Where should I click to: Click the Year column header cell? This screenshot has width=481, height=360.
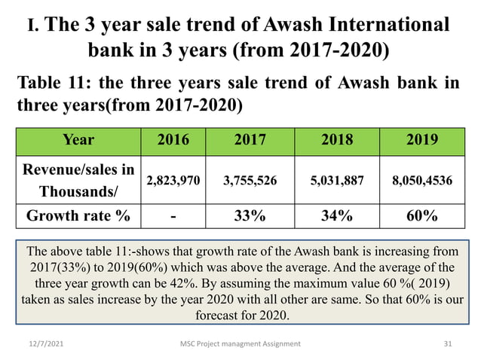(78, 139)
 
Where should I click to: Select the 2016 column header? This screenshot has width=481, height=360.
(173, 139)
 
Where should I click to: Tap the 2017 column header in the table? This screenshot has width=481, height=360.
(246, 139)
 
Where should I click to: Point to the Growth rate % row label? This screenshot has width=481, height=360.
(78, 216)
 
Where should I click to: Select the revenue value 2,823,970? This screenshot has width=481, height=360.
(173, 180)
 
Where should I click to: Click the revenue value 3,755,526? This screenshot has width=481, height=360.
(246, 180)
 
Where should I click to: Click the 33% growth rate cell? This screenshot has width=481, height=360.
(246, 216)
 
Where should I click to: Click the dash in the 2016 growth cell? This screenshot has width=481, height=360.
(173, 217)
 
